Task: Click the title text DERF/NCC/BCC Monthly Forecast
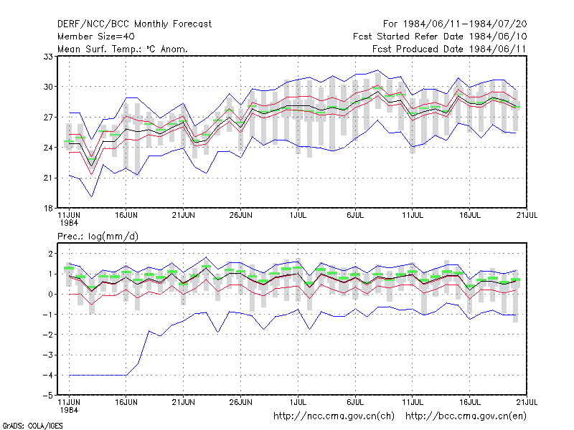(x=134, y=24)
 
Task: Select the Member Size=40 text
(x=96, y=37)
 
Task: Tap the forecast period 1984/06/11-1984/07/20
(x=465, y=24)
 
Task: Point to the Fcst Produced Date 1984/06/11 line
(x=449, y=49)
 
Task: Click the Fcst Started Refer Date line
(x=440, y=37)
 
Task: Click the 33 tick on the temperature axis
(x=48, y=57)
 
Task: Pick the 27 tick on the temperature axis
(x=48, y=118)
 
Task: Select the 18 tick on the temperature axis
(x=48, y=209)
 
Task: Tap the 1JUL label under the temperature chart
(x=298, y=216)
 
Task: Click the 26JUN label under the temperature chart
(x=241, y=216)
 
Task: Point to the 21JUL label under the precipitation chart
(x=527, y=402)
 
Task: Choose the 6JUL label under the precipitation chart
(x=355, y=402)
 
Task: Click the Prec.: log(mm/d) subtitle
(x=98, y=236)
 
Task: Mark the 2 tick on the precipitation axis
(x=50, y=254)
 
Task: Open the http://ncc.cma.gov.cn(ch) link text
(x=334, y=416)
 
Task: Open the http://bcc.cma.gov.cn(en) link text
(x=466, y=416)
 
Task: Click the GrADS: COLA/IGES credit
(x=32, y=426)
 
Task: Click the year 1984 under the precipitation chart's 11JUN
(x=69, y=410)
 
